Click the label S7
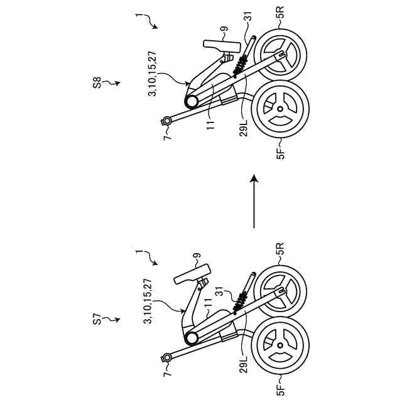click(x=97, y=320)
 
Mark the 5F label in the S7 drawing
click(x=280, y=384)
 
